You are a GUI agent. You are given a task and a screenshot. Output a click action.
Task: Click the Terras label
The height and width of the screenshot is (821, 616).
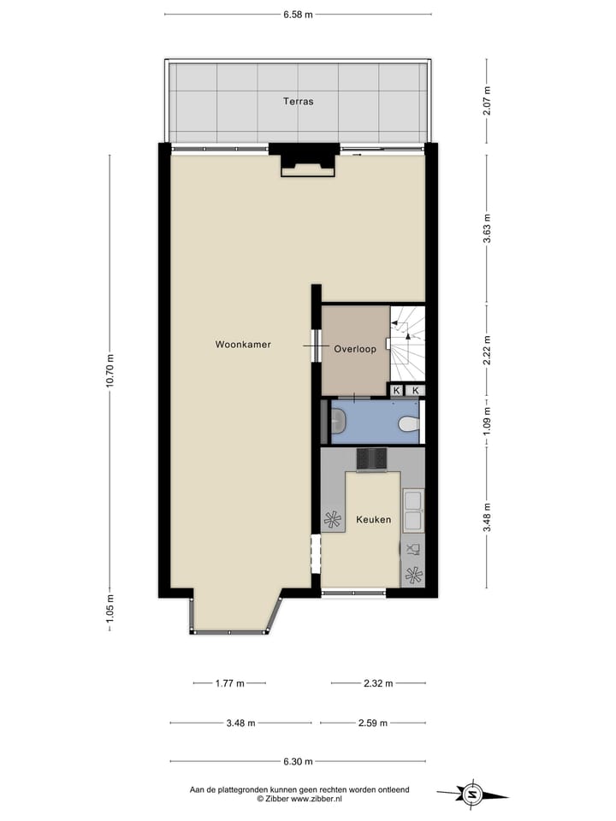(x=299, y=101)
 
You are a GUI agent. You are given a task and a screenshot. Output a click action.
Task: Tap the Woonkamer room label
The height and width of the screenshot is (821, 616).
(x=243, y=345)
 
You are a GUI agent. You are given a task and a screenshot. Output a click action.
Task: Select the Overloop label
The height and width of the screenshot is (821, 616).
(x=355, y=349)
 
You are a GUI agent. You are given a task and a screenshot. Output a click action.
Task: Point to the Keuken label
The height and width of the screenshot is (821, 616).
(x=374, y=519)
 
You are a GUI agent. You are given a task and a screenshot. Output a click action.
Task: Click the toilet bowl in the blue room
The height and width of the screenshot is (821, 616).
(x=409, y=422)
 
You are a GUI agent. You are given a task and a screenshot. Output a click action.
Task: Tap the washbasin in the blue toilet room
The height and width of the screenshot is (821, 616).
(x=337, y=421)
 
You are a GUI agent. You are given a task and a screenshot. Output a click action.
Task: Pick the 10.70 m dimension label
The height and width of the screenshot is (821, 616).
(x=110, y=370)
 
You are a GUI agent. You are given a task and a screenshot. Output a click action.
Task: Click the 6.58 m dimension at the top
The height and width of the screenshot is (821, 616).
(x=297, y=15)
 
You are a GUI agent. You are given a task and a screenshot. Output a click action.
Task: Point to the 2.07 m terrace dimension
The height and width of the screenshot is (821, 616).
(x=487, y=101)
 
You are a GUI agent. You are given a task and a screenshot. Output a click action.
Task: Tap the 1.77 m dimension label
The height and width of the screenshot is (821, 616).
(x=229, y=683)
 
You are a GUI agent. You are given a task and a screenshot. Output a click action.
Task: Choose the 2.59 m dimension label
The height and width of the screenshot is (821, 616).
(x=372, y=723)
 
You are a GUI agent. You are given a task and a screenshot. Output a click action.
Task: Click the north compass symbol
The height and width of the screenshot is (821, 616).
(x=471, y=794)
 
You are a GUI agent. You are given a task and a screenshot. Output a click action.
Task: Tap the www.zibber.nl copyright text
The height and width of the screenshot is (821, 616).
(x=299, y=799)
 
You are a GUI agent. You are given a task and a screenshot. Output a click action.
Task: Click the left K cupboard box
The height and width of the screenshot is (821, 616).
(x=396, y=391)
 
